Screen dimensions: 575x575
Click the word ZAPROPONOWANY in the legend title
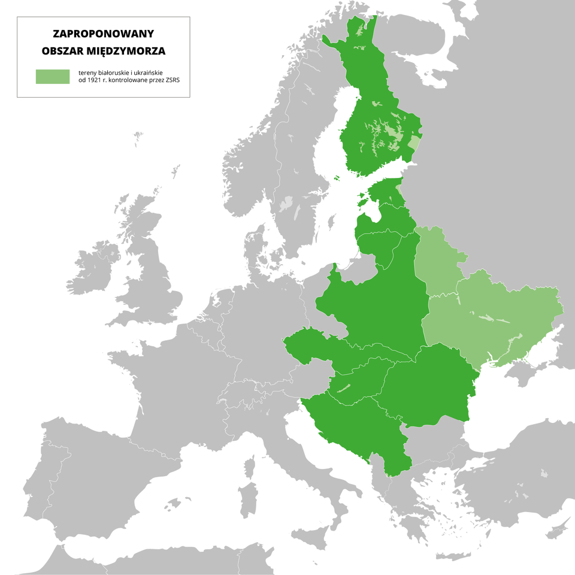tap(103, 35)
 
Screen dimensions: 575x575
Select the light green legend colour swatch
tap(52, 76)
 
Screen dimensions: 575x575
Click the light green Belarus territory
tap(437, 264)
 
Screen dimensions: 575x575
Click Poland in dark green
tap(371, 305)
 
